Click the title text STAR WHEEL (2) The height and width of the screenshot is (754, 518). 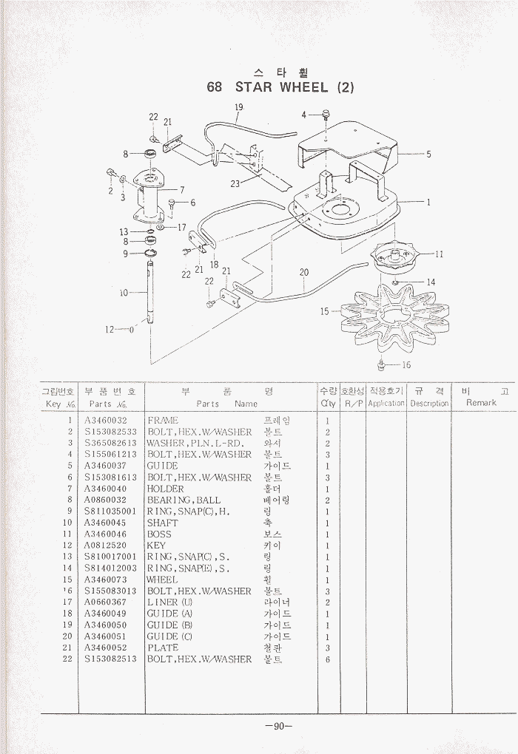pos(280,87)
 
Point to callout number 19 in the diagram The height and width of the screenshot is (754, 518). pos(239,108)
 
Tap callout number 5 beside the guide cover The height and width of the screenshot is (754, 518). pos(428,154)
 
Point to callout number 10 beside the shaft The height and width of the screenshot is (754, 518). pos(124,293)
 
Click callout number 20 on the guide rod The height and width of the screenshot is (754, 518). pos(304,273)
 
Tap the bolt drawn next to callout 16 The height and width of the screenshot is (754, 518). pos(381,364)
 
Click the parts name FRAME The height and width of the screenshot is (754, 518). pos(163,421)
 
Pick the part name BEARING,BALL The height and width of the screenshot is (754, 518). pos(184,500)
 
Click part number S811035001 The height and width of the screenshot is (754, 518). pos(110,512)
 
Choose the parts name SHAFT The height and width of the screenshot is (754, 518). pos(163,523)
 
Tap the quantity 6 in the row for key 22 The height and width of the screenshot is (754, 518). pos(327,659)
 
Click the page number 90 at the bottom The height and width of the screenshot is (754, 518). pos(279,726)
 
